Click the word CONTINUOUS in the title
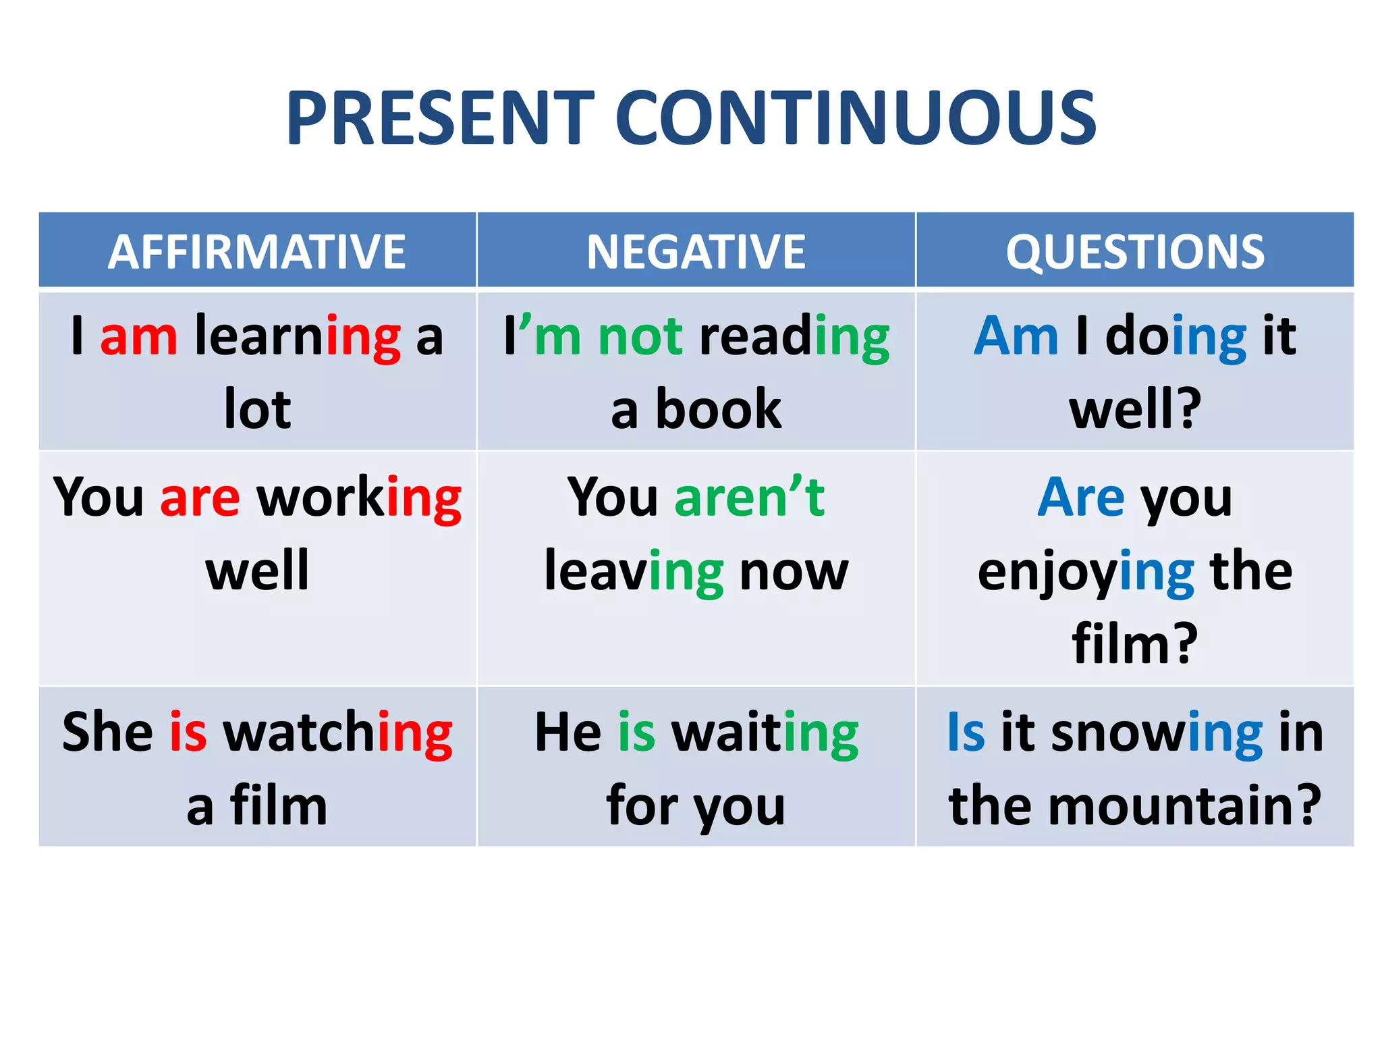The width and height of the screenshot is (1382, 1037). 855,119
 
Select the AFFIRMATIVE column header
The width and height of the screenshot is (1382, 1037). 257,252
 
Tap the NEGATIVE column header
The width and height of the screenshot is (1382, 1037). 696,252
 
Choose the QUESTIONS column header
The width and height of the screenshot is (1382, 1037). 1135,252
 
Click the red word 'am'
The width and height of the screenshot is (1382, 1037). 139,336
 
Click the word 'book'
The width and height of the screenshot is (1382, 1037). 718,409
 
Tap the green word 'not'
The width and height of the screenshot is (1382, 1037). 640,336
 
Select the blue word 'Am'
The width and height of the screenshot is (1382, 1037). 1016,336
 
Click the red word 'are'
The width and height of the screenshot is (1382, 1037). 200,498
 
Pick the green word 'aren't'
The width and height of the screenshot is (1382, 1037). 749,497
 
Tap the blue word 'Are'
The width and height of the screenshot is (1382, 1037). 1080,497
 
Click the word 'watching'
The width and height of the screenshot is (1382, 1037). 337,733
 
